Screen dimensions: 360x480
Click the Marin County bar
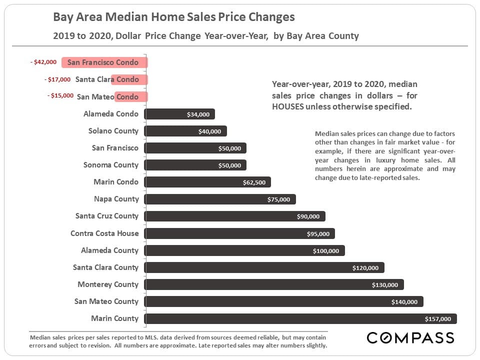(x=300, y=318)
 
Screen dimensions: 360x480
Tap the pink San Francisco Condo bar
(x=104, y=62)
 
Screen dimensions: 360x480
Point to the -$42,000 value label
(x=43, y=62)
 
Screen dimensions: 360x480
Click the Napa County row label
(x=116, y=199)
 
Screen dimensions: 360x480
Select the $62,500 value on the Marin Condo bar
(x=254, y=182)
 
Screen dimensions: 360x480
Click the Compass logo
(x=410, y=337)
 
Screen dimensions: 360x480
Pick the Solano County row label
(x=113, y=131)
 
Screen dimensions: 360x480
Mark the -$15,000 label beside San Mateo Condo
(x=60, y=96)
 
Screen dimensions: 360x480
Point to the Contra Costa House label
(x=104, y=233)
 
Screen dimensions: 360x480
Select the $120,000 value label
(x=365, y=268)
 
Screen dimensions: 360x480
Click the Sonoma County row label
(x=111, y=165)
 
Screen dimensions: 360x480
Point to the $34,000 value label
(x=197, y=114)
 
